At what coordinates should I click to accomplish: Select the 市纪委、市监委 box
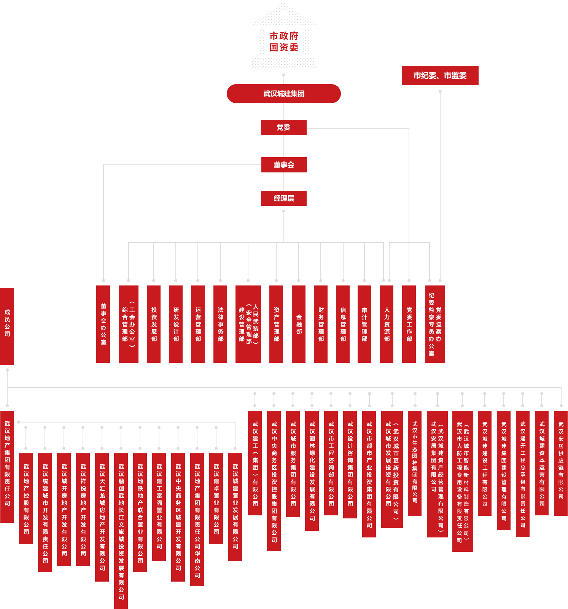coord(440,75)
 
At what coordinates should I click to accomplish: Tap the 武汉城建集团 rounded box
coord(284,94)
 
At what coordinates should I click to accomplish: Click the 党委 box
coord(284,127)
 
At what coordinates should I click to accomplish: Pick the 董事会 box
coord(284,165)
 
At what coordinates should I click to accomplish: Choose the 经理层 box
coord(284,198)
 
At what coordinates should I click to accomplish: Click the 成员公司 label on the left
coord(8,323)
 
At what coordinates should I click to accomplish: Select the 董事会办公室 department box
coord(103,324)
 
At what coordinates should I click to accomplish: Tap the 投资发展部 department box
coord(154,324)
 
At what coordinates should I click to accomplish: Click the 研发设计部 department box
coord(176,324)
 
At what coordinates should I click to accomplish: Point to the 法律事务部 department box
coord(220,324)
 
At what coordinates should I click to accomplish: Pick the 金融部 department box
coord(299,324)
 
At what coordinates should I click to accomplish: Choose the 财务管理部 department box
coord(321,324)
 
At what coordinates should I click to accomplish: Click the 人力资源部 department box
coord(387,324)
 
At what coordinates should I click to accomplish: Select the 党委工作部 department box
coord(409,324)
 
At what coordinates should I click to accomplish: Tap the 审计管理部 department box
coord(364,324)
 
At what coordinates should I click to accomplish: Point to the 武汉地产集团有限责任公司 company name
coord(7,463)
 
